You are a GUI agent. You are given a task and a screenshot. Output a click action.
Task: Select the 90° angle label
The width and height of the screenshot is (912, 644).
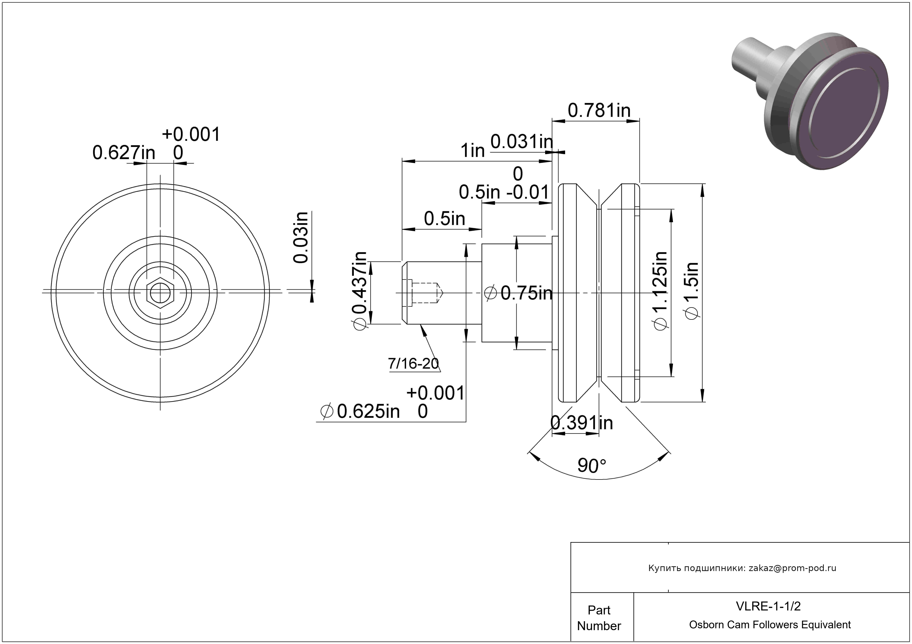(x=592, y=465)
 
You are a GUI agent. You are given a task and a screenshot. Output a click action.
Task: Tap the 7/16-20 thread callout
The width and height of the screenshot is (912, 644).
(x=414, y=363)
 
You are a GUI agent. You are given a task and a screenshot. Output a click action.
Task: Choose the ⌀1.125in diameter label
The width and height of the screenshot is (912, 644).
(x=660, y=290)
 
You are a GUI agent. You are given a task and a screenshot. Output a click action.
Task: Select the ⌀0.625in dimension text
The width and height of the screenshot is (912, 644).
(x=360, y=412)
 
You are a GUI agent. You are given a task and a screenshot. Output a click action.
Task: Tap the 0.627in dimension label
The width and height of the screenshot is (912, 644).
(x=124, y=153)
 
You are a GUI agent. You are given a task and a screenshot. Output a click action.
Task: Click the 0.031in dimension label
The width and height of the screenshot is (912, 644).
(x=521, y=142)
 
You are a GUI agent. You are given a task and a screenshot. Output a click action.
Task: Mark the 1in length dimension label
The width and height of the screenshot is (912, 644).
(x=473, y=151)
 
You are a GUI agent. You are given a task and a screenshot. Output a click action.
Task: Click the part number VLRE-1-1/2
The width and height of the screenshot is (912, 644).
(x=768, y=606)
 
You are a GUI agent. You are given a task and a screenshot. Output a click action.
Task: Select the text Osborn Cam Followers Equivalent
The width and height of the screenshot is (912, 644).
(x=770, y=625)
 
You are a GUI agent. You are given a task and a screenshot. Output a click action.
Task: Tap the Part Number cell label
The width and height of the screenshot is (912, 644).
(x=599, y=618)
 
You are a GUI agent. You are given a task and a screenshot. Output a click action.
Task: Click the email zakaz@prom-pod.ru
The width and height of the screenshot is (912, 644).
(x=792, y=568)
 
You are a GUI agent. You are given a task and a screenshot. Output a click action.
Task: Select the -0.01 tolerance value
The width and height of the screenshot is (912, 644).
(x=528, y=192)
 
